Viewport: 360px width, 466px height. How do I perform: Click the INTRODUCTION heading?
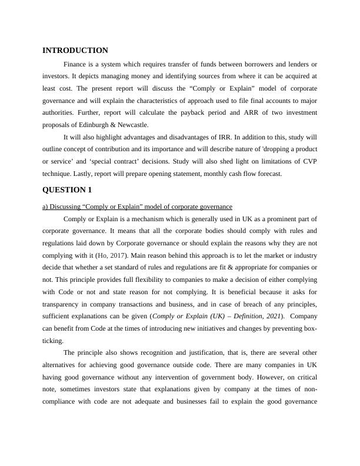coord(75,51)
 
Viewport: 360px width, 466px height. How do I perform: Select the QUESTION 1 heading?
coord(68,189)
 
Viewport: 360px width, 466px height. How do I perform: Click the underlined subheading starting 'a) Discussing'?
coord(138,207)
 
